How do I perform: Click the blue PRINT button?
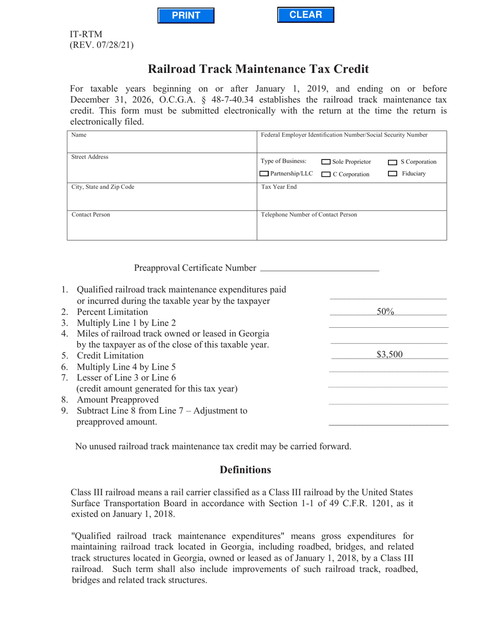(186, 15)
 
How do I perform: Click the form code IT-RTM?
(86, 34)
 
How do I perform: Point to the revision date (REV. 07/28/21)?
(102, 45)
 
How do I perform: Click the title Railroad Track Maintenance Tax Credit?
(258, 69)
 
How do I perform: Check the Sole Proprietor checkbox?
(326, 162)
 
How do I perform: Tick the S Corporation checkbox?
(393, 163)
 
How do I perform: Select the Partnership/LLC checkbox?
(264, 174)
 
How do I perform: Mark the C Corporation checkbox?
(326, 174)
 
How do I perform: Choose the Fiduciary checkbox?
(393, 174)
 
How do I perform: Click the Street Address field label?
(89, 157)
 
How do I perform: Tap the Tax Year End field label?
(279, 187)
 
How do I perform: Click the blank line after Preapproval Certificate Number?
(319, 268)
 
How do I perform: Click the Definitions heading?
(245, 469)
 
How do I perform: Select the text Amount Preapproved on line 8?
(117, 399)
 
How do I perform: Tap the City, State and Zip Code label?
(95, 187)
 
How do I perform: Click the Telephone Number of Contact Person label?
(309, 215)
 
